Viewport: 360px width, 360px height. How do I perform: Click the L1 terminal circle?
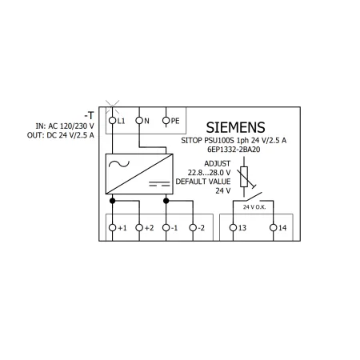coord(113,121)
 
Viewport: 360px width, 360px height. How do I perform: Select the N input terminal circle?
coord(139,121)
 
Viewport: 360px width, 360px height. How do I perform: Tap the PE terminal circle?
coord(166,121)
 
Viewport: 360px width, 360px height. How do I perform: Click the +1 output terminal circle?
coord(113,228)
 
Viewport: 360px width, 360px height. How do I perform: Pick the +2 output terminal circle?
coord(139,228)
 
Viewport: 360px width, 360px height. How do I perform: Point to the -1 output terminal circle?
coord(166,228)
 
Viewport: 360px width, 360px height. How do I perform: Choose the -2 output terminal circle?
coord(193,228)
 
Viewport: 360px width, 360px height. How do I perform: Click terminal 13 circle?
coord(233,228)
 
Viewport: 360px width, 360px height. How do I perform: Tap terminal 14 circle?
coord(274,228)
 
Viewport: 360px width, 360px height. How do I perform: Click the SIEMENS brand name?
coord(236,127)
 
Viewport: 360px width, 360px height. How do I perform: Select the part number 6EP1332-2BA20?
coord(234,150)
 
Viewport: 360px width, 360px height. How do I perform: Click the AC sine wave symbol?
coord(119,164)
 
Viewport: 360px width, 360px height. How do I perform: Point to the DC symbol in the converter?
coord(159,184)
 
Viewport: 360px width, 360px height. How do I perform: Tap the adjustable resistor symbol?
coord(245,177)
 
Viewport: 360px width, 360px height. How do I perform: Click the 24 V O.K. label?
coord(254,207)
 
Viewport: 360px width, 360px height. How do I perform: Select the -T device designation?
coord(90,115)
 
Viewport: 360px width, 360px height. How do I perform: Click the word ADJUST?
coord(217,163)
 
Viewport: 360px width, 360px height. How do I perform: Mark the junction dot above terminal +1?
coord(113,201)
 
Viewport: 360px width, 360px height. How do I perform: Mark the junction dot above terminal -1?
coord(166,201)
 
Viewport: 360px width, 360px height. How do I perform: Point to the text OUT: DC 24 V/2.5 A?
coord(61,135)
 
